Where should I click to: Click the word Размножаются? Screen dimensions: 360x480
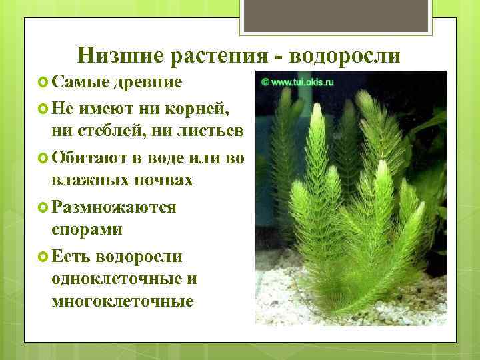click(x=113, y=207)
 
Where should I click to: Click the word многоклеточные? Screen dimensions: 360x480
click(x=122, y=301)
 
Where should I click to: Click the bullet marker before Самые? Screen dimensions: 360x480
click(x=43, y=83)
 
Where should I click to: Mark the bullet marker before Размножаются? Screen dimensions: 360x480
click(x=43, y=207)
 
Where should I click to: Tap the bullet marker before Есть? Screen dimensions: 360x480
click(x=43, y=257)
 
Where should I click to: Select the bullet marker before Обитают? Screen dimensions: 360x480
click(x=43, y=159)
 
